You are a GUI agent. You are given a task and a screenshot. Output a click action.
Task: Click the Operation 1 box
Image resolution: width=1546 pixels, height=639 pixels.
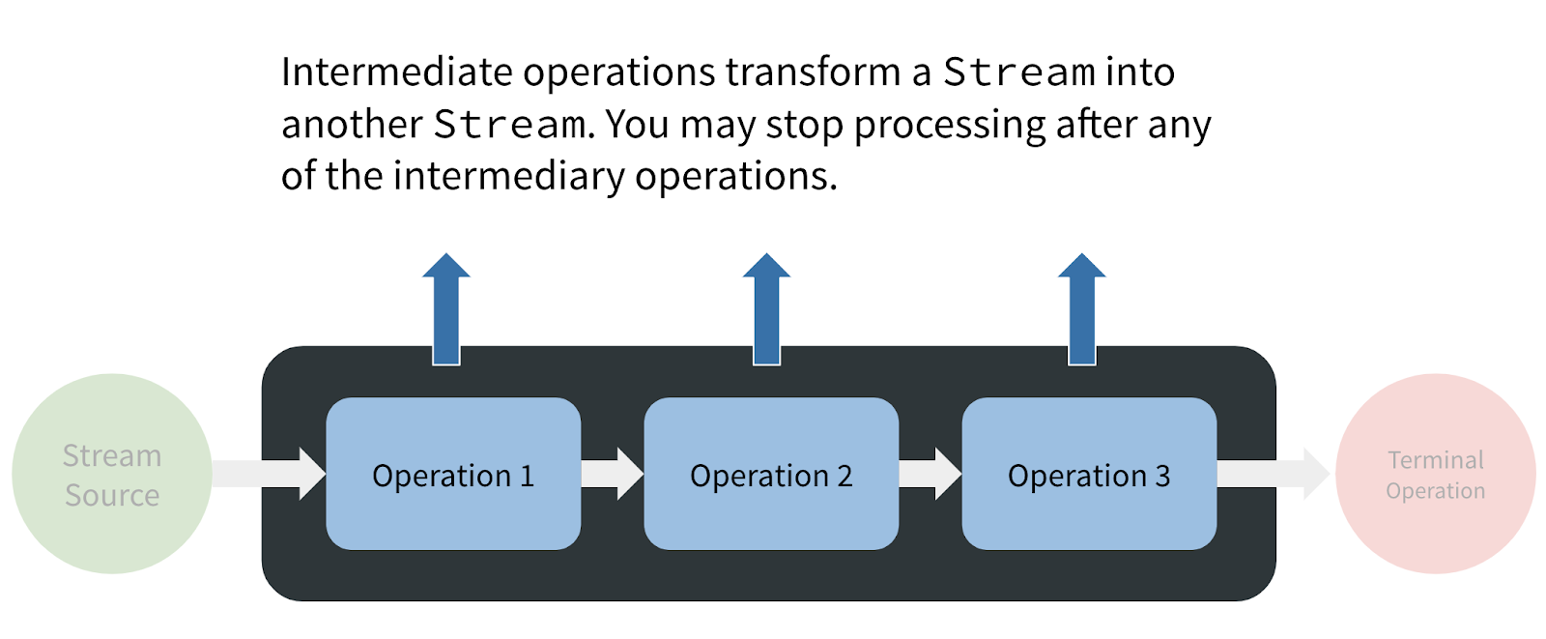click(453, 474)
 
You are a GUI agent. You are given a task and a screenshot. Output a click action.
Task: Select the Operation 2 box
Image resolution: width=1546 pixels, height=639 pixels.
click(771, 474)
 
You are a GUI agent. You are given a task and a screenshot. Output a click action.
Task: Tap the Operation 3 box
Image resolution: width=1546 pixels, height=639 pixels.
click(1089, 474)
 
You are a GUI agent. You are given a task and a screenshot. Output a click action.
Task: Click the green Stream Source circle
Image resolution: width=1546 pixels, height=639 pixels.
click(112, 474)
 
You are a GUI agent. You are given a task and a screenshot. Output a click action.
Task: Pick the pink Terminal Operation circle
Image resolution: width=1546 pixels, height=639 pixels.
click(1436, 474)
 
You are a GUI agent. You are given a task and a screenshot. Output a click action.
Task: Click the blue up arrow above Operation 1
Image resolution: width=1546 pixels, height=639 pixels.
click(446, 308)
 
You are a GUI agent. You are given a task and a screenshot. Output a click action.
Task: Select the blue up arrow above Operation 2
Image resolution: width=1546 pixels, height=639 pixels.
click(767, 308)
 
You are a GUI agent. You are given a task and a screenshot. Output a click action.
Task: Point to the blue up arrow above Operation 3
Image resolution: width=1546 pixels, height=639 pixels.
click(1082, 308)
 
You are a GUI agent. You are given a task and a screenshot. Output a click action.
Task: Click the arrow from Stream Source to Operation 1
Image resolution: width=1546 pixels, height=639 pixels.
click(270, 474)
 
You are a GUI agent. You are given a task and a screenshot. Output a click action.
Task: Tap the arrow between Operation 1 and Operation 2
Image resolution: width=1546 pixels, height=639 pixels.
click(613, 474)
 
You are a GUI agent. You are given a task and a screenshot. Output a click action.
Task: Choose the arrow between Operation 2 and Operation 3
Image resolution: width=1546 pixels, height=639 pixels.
click(930, 474)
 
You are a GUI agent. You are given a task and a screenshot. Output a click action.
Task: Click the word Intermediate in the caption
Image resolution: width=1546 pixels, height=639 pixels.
click(397, 72)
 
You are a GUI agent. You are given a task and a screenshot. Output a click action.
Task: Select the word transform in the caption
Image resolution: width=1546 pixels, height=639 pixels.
click(813, 72)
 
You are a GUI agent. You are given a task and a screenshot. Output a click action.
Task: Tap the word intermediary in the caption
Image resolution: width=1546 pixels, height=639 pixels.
click(508, 177)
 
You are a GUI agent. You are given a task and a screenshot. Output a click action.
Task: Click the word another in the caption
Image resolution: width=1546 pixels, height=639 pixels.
click(352, 125)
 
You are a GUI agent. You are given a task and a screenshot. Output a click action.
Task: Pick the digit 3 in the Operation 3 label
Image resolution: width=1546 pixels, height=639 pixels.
click(1163, 476)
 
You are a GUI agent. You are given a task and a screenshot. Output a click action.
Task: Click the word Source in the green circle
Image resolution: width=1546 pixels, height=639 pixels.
click(112, 495)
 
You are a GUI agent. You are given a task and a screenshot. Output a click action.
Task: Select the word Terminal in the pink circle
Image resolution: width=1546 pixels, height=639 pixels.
click(1436, 459)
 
